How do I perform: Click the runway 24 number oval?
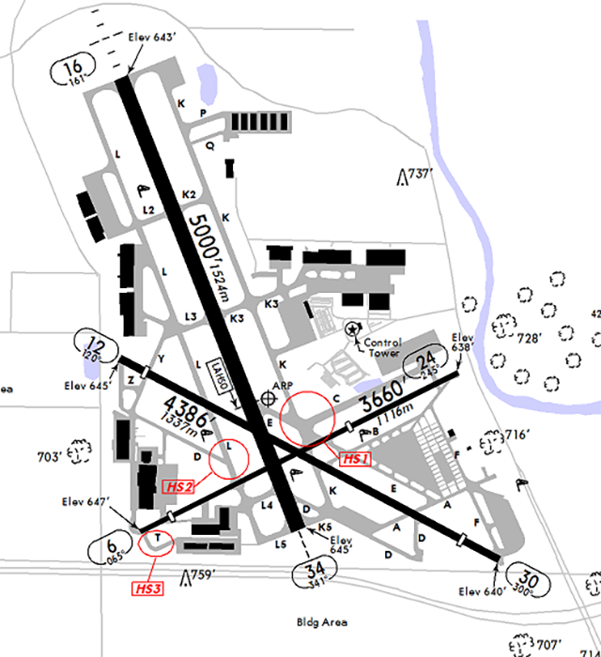[426, 361]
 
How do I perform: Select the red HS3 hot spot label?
[146, 588]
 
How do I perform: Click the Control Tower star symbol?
[352, 328]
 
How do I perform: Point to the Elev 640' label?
[482, 591]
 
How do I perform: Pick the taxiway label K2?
[189, 194]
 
